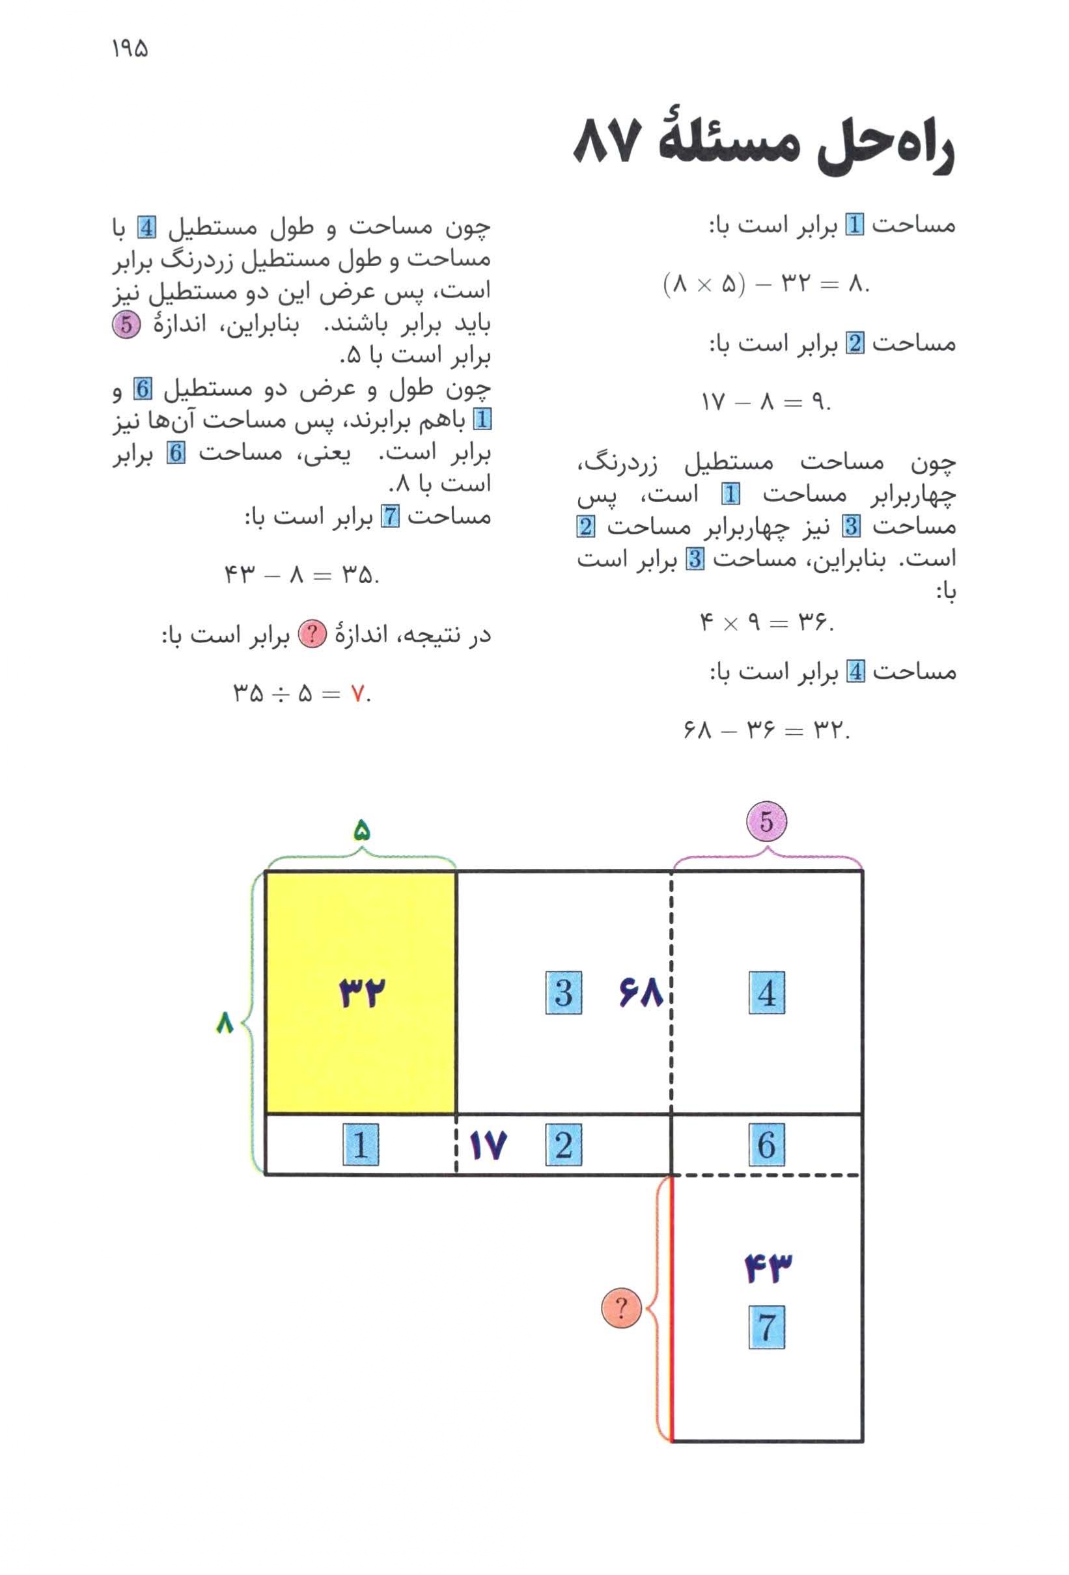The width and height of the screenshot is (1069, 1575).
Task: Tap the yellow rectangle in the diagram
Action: coord(361,992)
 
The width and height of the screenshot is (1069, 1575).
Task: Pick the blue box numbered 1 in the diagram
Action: coord(361,1145)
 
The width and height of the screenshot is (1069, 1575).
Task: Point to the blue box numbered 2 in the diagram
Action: coord(563,1145)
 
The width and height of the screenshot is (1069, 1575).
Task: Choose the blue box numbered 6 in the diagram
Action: coord(767,1145)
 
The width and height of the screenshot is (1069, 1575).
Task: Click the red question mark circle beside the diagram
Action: coord(621,1308)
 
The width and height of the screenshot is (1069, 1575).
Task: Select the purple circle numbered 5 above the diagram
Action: coord(766,821)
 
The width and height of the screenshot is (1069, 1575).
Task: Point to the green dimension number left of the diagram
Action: coord(225,1022)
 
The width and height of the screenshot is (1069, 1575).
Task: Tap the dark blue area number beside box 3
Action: coord(640,993)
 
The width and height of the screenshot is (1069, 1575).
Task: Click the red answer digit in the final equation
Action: coord(357,693)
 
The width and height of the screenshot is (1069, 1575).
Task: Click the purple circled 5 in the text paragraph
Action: coord(126,324)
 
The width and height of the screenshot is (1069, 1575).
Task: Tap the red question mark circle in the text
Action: coord(313,637)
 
